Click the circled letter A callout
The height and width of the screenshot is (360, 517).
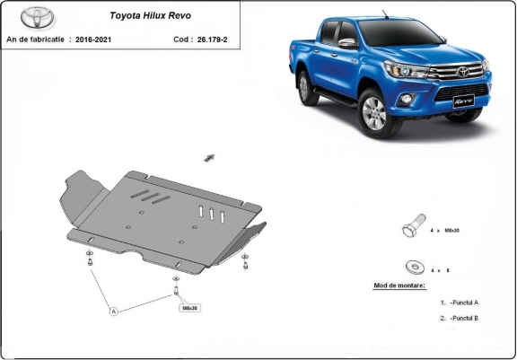click(114, 312)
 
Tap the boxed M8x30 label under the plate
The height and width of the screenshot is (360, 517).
click(190, 308)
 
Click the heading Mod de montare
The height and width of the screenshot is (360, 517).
click(399, 285)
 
